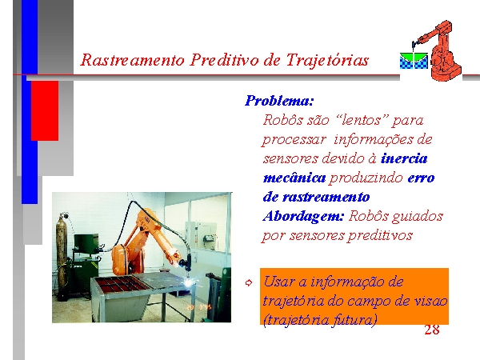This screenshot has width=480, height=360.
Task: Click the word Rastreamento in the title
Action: click(132, 60)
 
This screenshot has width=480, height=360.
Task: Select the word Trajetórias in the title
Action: click(327, 60)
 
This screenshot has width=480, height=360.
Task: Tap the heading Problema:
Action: click(279, 101)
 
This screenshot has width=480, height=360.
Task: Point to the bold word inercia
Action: click(404, 158)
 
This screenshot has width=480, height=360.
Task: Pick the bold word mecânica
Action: click(294, 178)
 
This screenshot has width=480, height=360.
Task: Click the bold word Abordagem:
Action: click(303, 217)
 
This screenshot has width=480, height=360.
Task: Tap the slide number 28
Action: click(432, 330)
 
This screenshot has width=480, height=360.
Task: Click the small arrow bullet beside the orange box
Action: click(249, 283)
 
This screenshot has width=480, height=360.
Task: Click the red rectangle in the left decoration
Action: click(45, 111)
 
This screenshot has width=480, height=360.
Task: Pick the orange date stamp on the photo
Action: click(199, 306)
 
